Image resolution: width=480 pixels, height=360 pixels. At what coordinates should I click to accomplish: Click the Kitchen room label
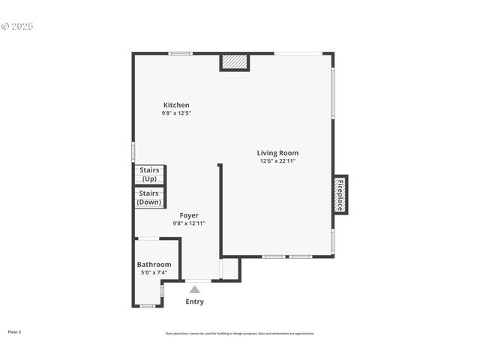pyautogui.click(x=176, y=105)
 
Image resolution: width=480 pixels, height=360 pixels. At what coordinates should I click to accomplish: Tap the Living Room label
pyautogui.click(x=278, y=153)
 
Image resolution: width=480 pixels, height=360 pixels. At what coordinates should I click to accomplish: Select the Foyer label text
pyautogui.click(x=189, y=215)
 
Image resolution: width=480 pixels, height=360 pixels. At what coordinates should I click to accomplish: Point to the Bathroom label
pyautogui.click(x=154, y=265)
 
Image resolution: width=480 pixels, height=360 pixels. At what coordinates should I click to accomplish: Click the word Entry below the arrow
pyautogui.click(x=194, y=302)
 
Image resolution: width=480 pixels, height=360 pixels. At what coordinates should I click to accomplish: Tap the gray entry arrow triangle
pyautogui.click(x=194, y=289)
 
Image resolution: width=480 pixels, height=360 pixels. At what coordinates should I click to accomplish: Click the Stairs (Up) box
pyautogui.click(x=149, y=175)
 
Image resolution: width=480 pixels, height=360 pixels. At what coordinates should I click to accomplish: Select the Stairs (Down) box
pyautogui.click(x=149, y=198)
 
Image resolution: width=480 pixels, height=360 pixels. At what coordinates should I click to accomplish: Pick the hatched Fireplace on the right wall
pyautogui.click(x=340, y=194)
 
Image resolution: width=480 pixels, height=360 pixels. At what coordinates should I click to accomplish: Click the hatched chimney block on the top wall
pyautogui.click(x=234, y=62)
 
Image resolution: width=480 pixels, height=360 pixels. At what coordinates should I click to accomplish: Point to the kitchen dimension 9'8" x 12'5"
pyautogui.click(x=176, y=113)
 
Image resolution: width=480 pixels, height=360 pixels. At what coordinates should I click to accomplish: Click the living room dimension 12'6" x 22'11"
pyautogui.click(x=278, y=161)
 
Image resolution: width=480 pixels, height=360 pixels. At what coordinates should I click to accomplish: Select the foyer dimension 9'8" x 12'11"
pyautogui.click(x=189, y=223)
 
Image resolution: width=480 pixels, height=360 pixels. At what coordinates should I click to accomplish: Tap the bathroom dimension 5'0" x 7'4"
pyautogui.click(x=154, y=273)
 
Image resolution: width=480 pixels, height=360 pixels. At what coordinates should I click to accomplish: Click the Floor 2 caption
pyautogui.click(x=14, y=331)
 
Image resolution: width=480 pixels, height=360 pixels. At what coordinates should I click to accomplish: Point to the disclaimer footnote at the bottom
pyautogui.click(x=240, y=334)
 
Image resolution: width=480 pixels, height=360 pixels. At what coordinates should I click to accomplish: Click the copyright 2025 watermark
pyautogui.click(x=17, y=26)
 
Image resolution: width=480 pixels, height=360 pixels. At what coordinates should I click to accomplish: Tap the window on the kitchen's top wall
pyautogui.click(x=180, y=53)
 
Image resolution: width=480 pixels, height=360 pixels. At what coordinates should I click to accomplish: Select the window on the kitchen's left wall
pyautogui.click(x=133, y=151)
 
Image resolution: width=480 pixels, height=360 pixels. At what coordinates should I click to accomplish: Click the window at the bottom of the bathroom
pyautogui.click(x=148, y=306)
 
